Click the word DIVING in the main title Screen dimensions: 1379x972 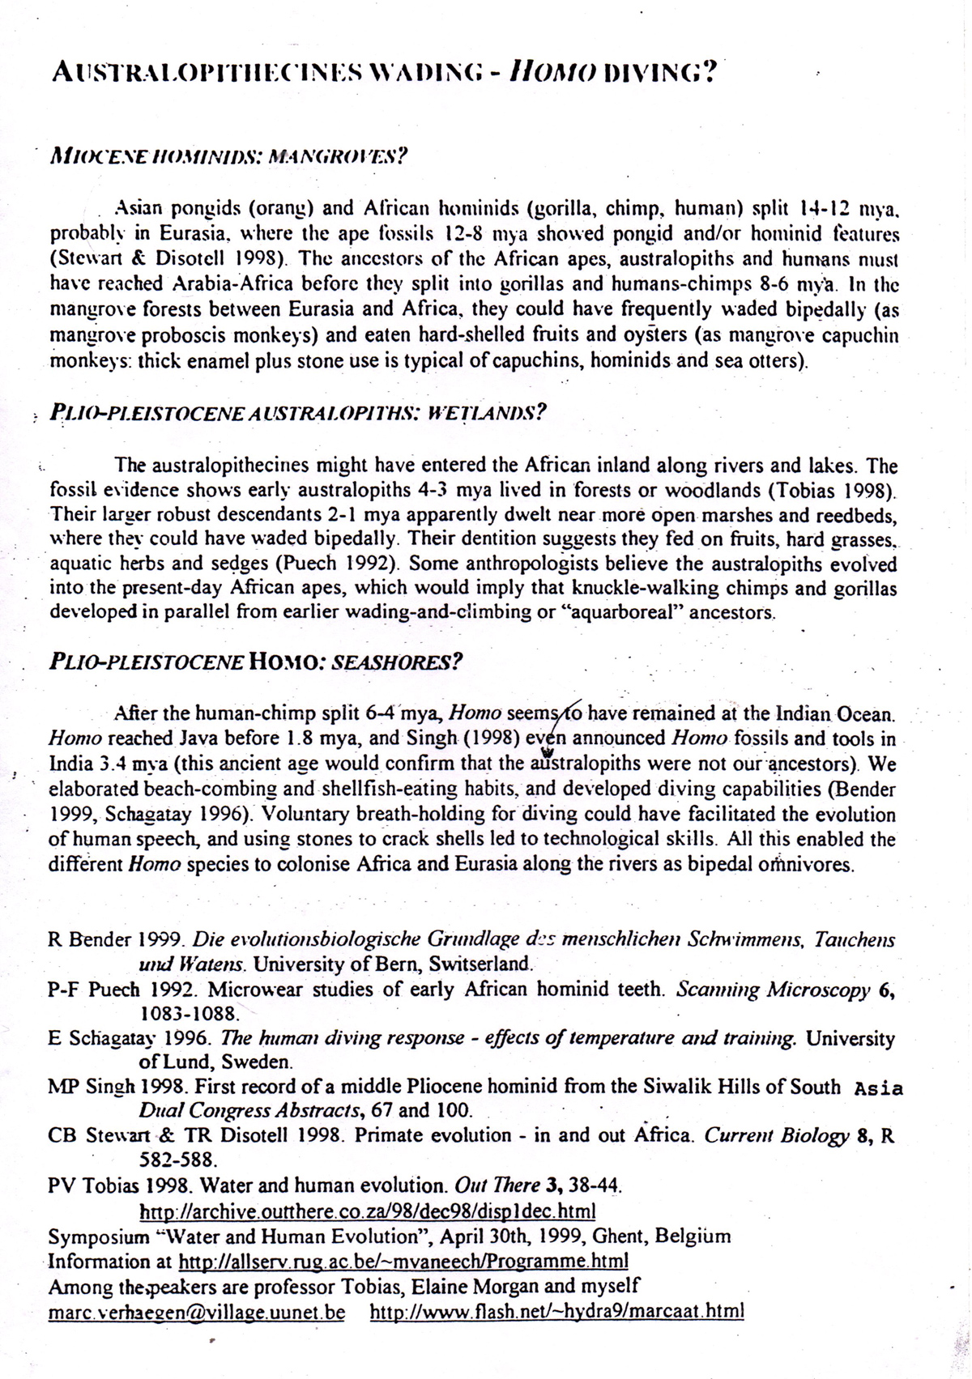pyautogui.click(x=655, y=74)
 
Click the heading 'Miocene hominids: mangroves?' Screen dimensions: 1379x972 pyautogui.click(x=227, y=155)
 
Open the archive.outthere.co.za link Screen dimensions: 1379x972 pyautogui.click(x=368, y=1211)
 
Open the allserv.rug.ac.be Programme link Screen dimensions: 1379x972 pyautogui.click(x=403, y=1262)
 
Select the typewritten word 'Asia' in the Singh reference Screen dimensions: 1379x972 pyautogui.click(x=879, y=1088)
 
